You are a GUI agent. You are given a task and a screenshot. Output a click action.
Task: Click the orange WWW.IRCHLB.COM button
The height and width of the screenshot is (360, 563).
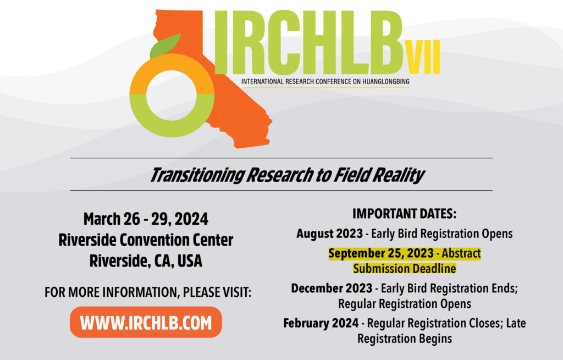pos(146,322)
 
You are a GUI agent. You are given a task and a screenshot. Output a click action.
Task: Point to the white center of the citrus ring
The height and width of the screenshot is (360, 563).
pos(172,96)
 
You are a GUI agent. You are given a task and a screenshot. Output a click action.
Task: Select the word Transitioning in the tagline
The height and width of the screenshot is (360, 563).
pos(197,175)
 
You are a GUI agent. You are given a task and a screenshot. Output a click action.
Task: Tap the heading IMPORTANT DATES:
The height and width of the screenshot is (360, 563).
pos(404,214)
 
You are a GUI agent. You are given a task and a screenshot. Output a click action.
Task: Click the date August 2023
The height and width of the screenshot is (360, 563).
pos(329,234)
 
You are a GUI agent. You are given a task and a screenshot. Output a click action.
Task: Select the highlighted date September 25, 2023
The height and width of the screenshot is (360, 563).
pos(381,253)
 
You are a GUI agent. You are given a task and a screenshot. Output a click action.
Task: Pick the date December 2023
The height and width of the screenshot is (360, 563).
pos(332,288)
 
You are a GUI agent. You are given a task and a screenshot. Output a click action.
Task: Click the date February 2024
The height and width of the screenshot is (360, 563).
pos(321,323)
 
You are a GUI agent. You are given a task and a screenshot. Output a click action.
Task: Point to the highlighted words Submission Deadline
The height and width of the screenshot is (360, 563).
pos(404,269)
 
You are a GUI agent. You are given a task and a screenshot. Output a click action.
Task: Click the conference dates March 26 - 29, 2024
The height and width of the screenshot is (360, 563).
pos(146,219)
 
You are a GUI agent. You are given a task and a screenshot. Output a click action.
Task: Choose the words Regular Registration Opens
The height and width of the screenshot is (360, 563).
pos(404,303)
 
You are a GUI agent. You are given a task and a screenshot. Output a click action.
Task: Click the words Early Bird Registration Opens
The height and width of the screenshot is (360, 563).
pos(441,234)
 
